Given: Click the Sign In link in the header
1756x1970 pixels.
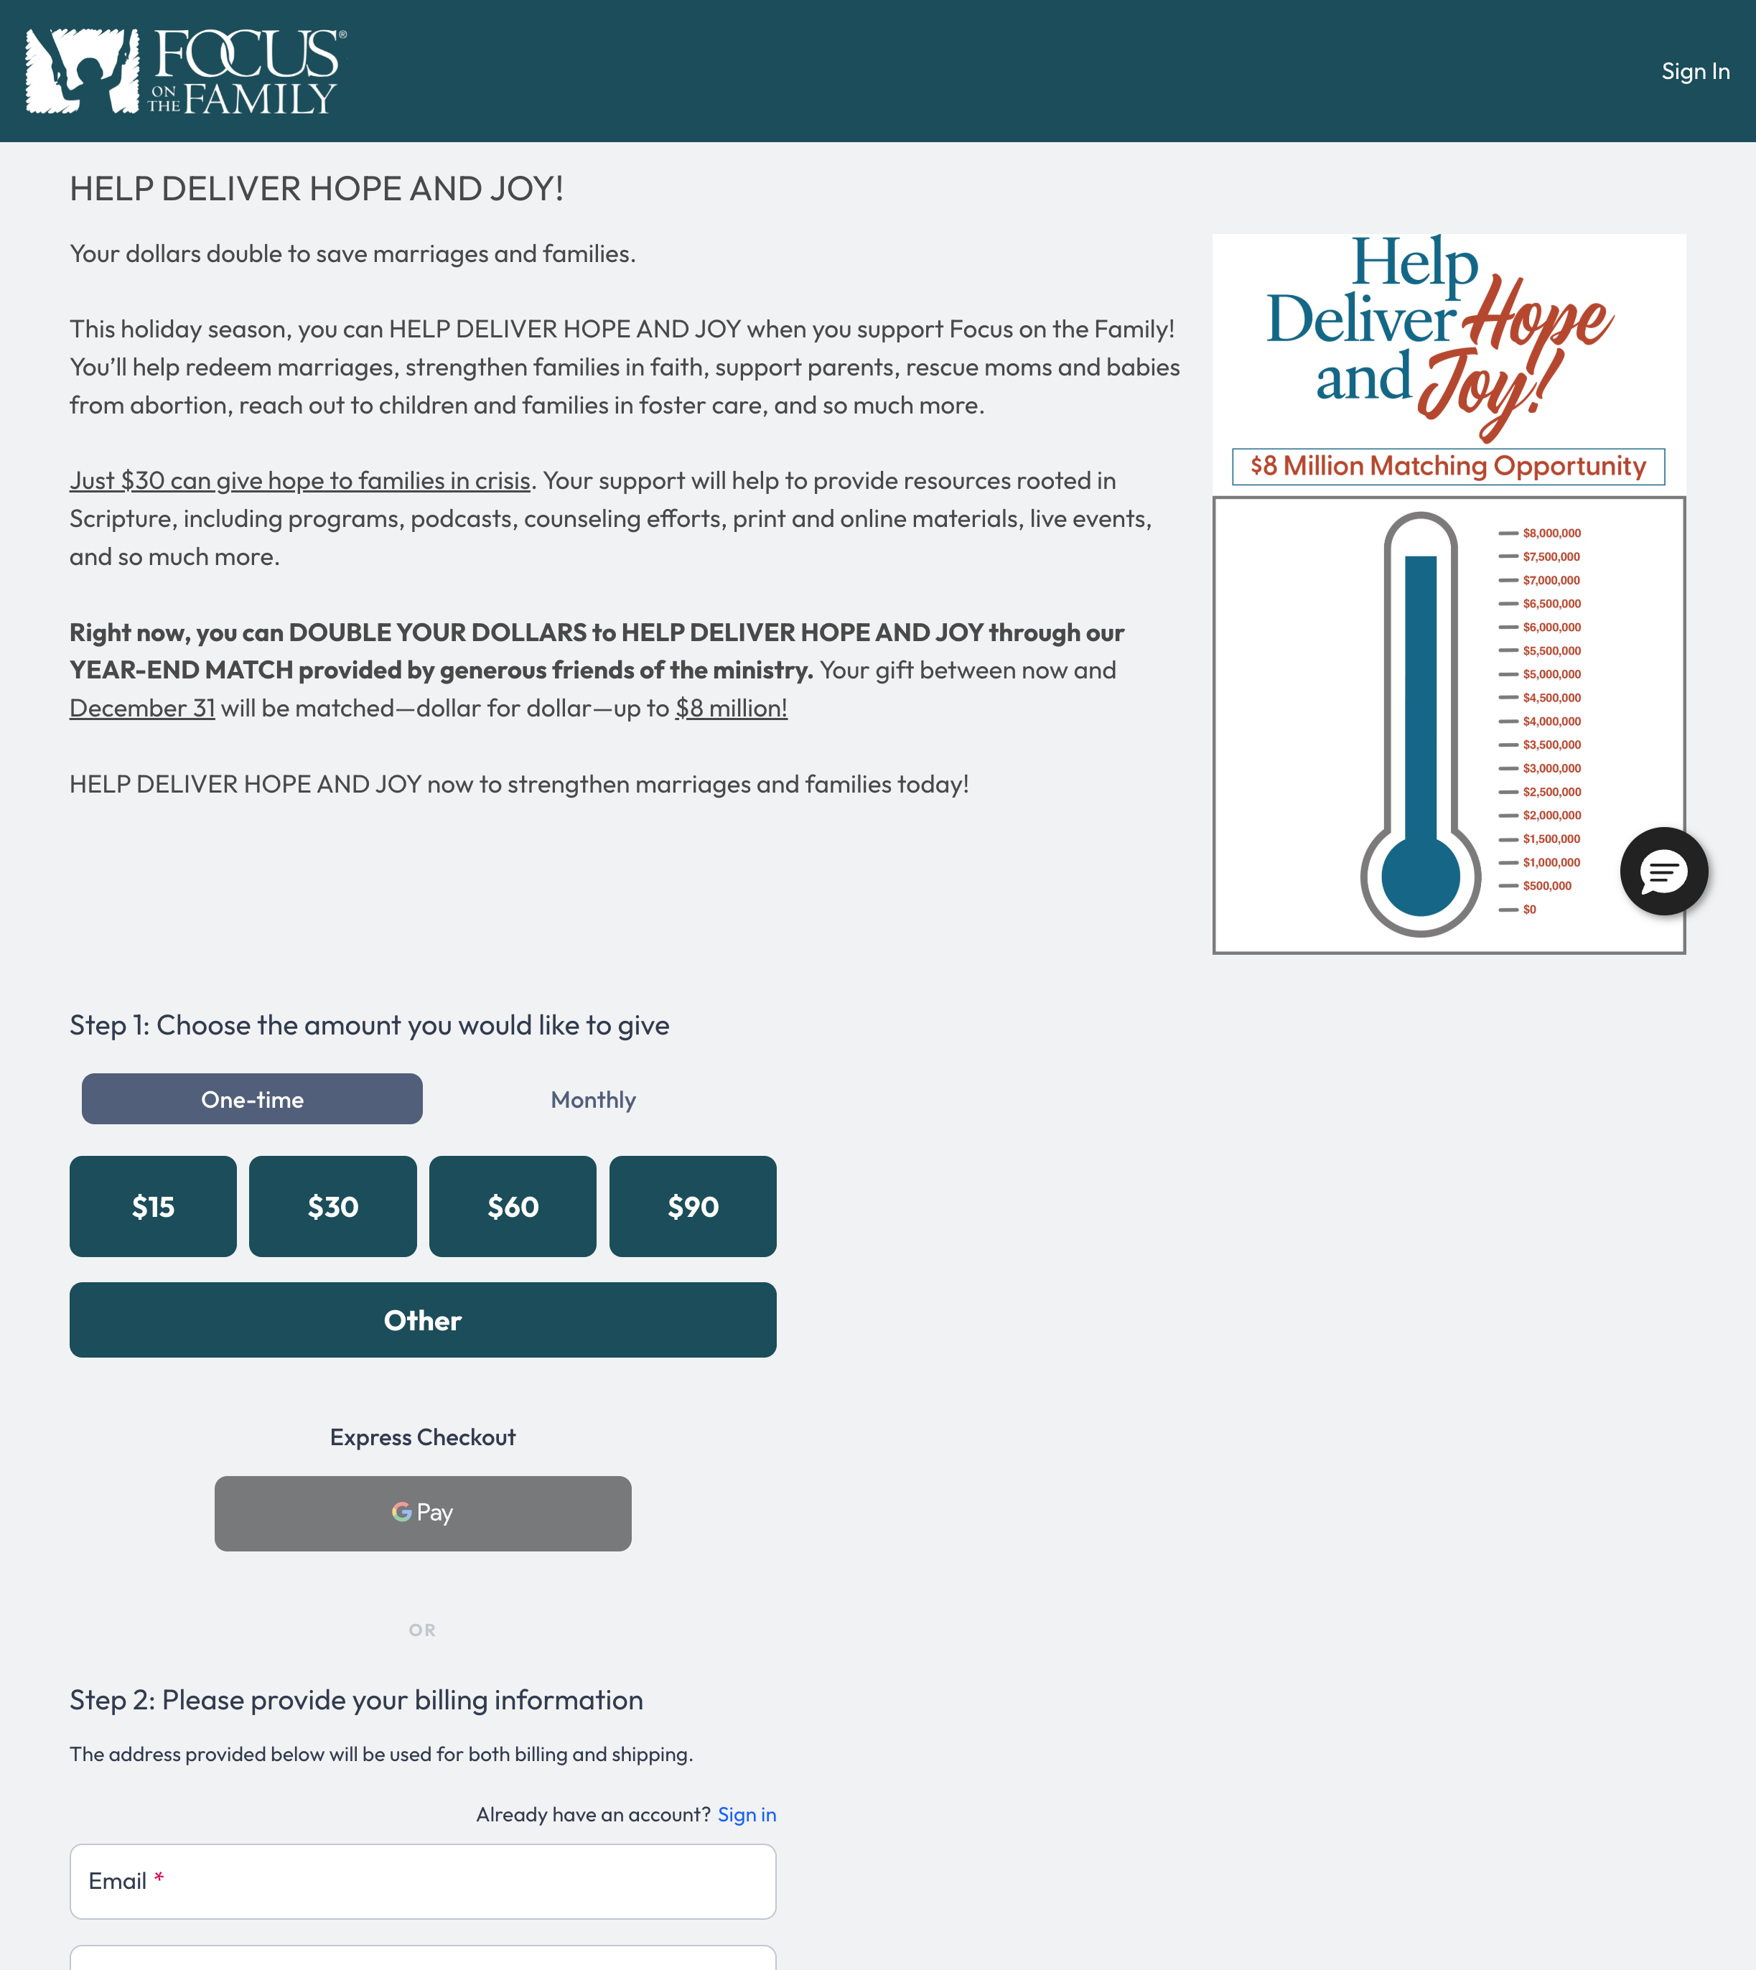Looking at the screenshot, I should pos(1694,71).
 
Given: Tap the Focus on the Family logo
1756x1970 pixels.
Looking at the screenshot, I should pos(185,70).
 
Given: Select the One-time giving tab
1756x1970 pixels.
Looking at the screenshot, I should pos(252,1099).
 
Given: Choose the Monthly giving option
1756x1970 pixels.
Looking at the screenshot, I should pos(592,1100).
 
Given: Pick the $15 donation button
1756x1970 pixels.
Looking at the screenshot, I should pos(152,1206).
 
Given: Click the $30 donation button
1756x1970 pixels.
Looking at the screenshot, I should pos(333,1206).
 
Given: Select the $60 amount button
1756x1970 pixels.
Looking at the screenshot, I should pos(513,1206).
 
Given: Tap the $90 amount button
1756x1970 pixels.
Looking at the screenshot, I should pos(693,1206).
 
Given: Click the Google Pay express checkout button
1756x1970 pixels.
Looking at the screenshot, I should pos(423,1513).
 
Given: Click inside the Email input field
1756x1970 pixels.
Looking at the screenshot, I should pos(423,1881).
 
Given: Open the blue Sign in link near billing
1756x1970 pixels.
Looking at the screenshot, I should pos(747,1815).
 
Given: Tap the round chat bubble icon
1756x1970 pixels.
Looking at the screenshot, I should pos(1663,871).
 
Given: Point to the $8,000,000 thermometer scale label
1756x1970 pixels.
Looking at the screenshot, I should pos(1551,533).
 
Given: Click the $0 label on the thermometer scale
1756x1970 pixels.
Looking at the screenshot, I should pos(1529,910).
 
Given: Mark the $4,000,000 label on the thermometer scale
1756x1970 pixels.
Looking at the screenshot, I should pos(1551,722).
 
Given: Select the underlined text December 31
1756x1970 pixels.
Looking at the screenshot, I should pos(142,708).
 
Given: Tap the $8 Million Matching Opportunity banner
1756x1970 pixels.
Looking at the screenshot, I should pos(1447,466).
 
